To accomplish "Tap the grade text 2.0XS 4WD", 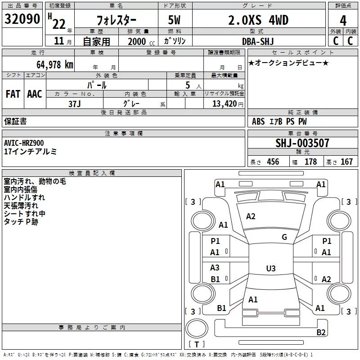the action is coord(258,20).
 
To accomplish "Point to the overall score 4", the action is coord(343,20).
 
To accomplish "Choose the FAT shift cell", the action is coord(13,94).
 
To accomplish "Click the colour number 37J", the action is coord(74,103).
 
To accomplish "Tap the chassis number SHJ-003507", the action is coord(302,144).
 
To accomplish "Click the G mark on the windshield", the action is coord(284,237).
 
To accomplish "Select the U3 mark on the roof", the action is coord(270,269).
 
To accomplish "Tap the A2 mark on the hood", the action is coord(251,216).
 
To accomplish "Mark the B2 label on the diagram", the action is coord(321,333).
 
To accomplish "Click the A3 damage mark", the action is coord(215,268).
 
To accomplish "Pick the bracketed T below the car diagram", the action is coord(196,344).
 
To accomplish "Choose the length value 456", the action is coord(273,162).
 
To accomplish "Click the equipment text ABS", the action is coord(258,121).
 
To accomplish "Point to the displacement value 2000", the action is coord(137,42).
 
